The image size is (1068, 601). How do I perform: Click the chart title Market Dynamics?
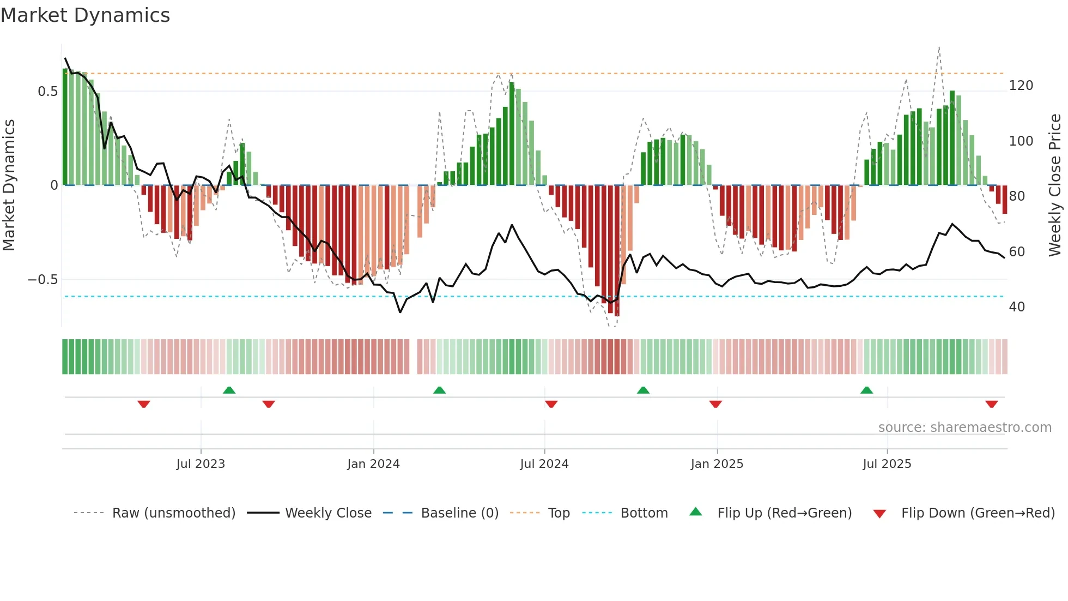click(85, 15)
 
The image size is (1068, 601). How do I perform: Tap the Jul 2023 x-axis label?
click(201, 464)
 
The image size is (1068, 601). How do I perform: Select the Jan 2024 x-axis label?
click(373, 464)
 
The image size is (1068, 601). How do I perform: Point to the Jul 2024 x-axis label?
click(544, 464)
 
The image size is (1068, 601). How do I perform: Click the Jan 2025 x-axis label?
click(717, 464)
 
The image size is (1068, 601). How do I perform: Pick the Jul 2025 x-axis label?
click(887, 464)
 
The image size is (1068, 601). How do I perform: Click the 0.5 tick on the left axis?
click(47, 92)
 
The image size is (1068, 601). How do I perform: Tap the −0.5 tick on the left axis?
click(43, 280)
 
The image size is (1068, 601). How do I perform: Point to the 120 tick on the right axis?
click(1021, 86)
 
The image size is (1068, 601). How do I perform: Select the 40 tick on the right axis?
click(1017, 307)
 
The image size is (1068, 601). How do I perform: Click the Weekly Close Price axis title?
click(1055, 185)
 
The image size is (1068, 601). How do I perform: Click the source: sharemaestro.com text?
click(964, 428)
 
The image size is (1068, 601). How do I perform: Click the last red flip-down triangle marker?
click(991, 404)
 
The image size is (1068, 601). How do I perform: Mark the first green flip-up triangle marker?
click(229, 390)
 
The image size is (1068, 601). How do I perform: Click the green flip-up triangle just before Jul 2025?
click(866, 390)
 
